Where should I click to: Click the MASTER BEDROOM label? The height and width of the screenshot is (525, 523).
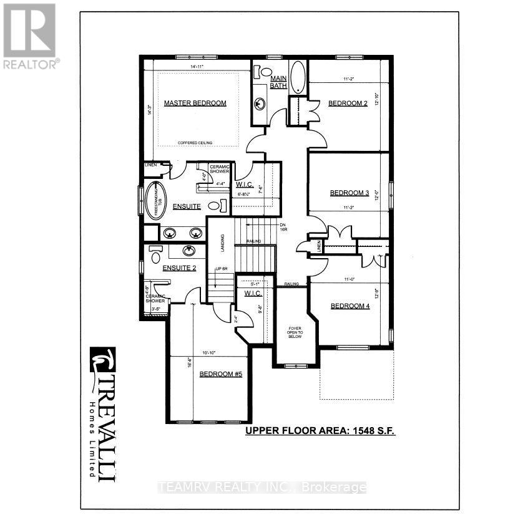coord(195,104)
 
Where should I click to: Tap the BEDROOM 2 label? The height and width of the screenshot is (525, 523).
coord(348,104)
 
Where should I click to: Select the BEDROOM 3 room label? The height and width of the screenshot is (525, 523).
coord(349,193)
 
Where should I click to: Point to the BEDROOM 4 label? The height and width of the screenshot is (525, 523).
coord(350,306)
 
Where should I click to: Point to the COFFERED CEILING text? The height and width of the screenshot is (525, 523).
coord(195,143)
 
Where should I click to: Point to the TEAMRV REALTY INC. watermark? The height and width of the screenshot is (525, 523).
coord(262,488)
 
